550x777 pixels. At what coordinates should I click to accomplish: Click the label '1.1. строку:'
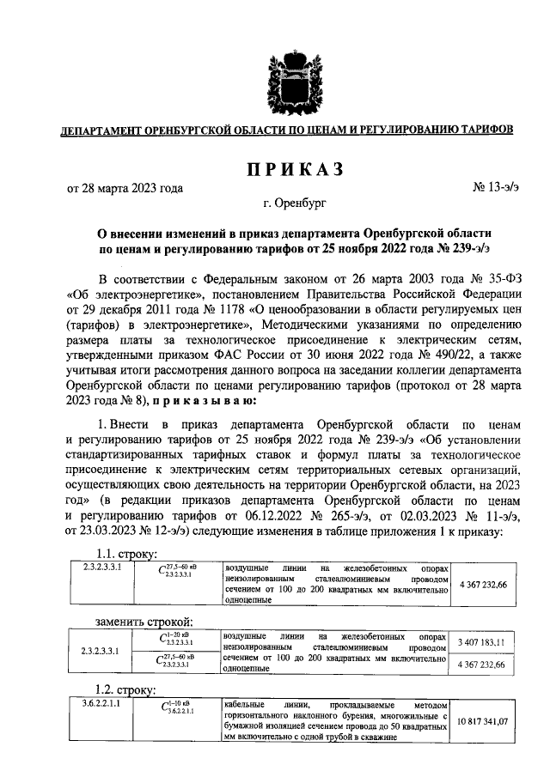point(125,554)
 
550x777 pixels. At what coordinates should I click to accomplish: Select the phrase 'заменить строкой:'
point(143,622)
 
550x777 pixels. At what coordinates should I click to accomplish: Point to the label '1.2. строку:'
point(125,689)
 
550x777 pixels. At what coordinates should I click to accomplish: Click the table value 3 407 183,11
point(480,641)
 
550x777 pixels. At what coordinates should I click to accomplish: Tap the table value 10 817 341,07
point(480,721)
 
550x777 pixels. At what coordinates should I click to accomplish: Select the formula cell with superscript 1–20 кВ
point(179,640)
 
